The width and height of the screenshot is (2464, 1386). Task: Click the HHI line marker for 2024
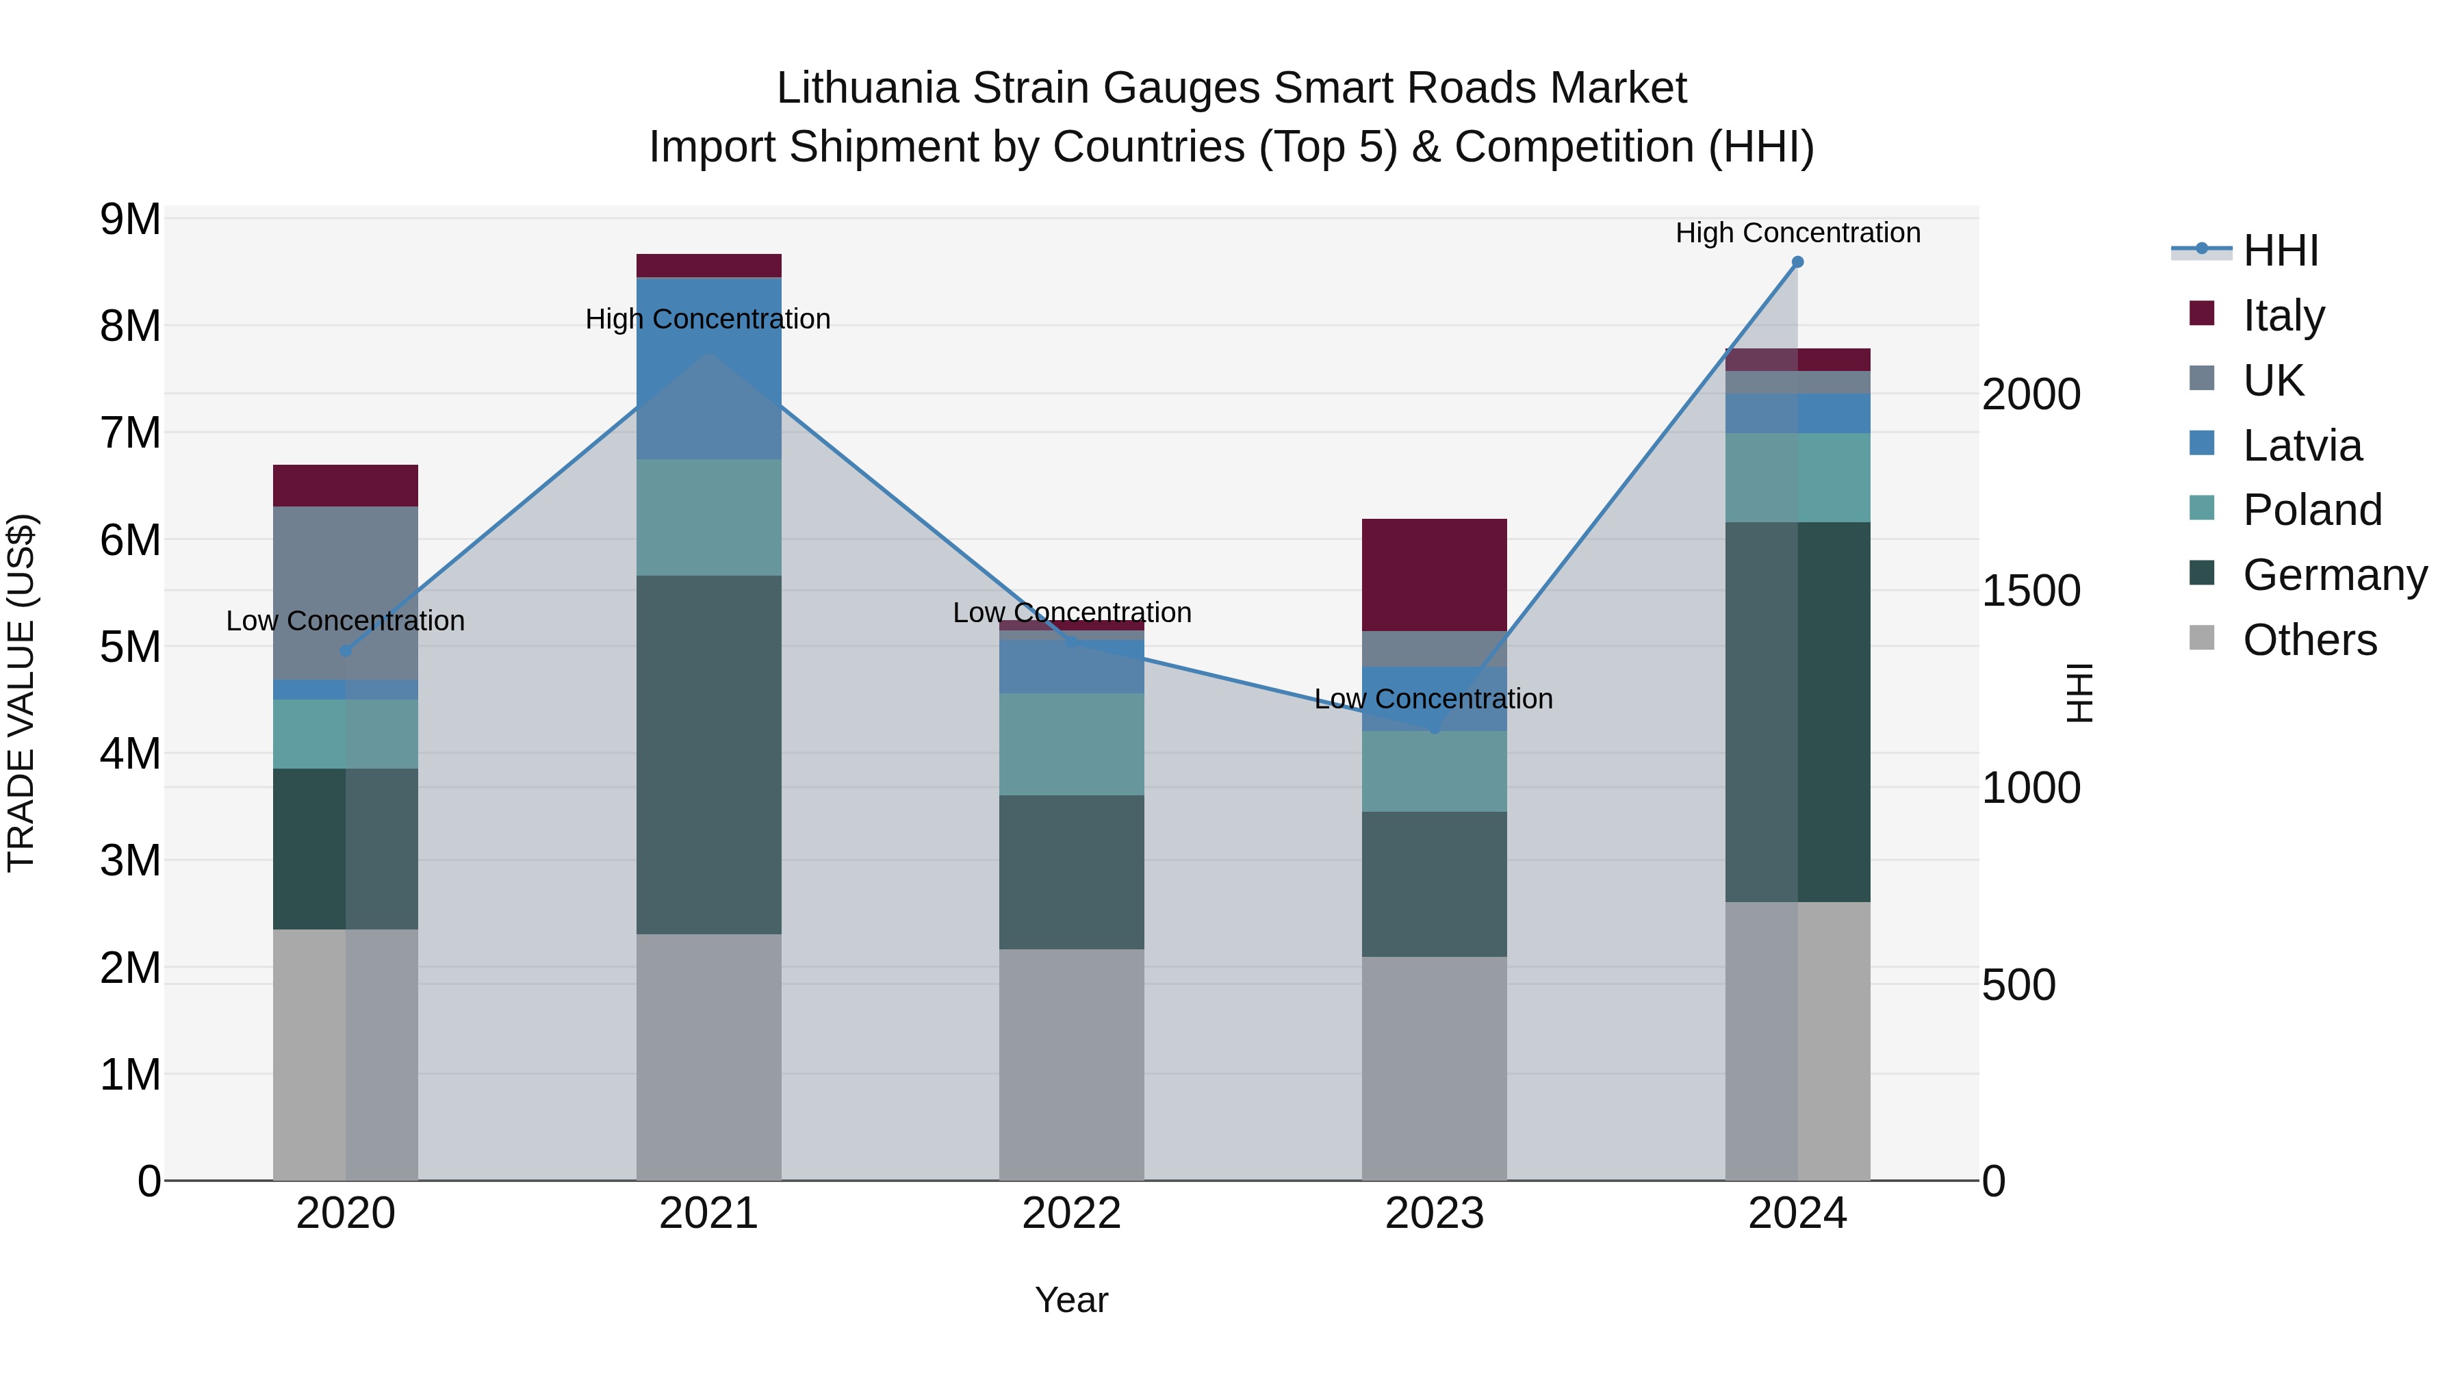1797,262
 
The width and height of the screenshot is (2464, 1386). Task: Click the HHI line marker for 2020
346,652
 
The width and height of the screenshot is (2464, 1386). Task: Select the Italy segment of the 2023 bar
1434,574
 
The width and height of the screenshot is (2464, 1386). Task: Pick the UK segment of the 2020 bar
346,593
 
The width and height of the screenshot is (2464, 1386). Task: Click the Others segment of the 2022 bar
1071,1064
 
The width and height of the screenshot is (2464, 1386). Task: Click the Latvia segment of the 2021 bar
709,368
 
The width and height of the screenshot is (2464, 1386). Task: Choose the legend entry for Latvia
2301,446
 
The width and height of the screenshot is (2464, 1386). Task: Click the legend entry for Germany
2334,575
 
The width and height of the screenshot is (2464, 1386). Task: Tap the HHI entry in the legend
2279,251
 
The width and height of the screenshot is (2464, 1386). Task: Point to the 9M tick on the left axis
131,219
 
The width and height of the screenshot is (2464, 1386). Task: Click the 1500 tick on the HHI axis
2031,591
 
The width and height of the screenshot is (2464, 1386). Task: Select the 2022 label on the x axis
1071,1214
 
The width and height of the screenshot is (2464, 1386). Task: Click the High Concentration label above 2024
1797,233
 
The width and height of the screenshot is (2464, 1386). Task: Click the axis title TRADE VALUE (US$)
21,693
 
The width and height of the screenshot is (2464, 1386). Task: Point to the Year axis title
1071,1300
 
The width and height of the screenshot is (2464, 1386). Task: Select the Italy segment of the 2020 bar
346,486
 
